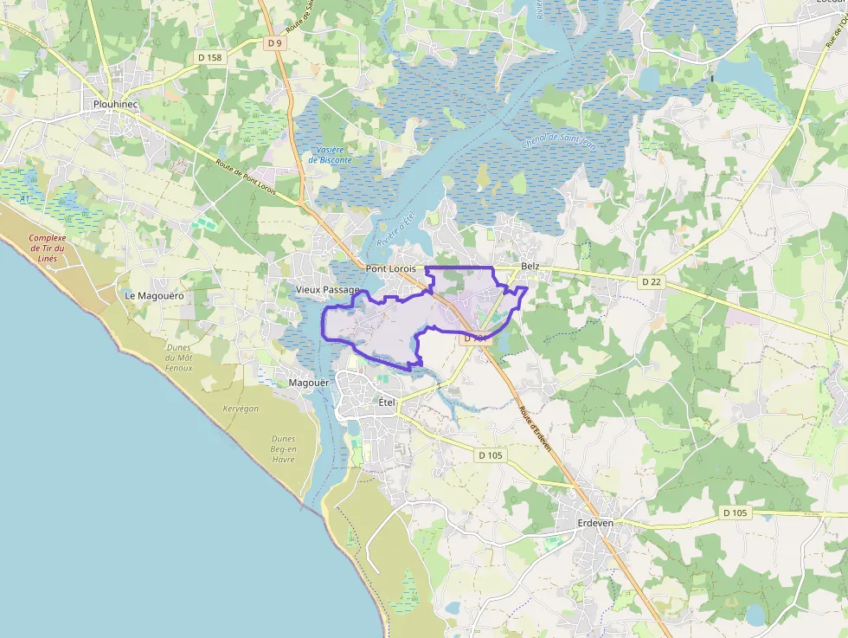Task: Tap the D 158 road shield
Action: click(x=209, y=57)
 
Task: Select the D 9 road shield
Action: click(x=275, y=42)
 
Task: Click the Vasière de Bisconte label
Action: click(x=330, y=155)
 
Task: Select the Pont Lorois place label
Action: click(x=390, y=269)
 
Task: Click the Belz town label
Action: click(x=530, y=267)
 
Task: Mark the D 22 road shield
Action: click(x=652, y=281)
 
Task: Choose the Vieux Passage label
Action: click(x=327, y=289)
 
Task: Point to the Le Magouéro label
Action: click(x=155, y=295)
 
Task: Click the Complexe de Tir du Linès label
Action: click(x=48, y=248)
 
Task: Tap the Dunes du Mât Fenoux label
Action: click(x=179, y=358)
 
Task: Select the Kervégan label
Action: click(x=241, y=409)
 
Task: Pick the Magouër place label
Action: click(x=305, y=383)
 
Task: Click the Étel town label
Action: click(x=386, y=402)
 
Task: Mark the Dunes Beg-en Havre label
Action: click(x=283, y=448)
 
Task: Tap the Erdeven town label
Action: click(x=594, y=523)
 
